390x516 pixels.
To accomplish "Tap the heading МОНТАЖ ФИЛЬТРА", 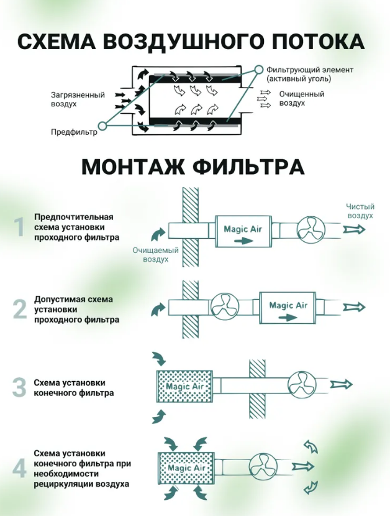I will tap(193, 167).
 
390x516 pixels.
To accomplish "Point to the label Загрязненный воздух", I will tap(78, 99).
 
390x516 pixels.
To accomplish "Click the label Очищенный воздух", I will tap(301, 98).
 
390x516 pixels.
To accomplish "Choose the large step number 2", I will tap(20, 309).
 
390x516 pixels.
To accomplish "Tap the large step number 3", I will tap(19, 387).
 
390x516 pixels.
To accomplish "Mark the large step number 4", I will tap(20, 468).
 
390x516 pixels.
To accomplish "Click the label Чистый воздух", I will tap(360, 211).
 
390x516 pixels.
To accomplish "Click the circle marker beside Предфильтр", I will tap(103, 126).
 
